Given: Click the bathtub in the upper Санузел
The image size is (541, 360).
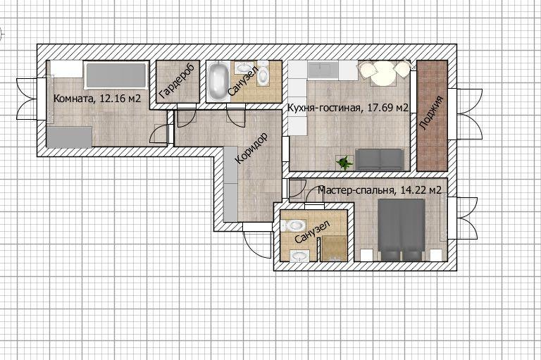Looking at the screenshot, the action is click(218, 81).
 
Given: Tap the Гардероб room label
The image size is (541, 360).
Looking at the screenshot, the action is click(177, 81).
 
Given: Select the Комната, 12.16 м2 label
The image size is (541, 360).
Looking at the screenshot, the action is click(97, 99).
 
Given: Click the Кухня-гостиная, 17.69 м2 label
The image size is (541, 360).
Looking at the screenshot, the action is click(348, 108).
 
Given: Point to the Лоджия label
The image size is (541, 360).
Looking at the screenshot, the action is click(431, 113).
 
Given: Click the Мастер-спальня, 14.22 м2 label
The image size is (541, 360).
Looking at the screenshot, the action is click(380, 190).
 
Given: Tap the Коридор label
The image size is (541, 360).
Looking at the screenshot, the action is click(251, 148).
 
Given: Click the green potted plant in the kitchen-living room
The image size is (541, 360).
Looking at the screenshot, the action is click(344, 163).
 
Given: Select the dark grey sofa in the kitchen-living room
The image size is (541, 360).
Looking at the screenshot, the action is click(380, 159).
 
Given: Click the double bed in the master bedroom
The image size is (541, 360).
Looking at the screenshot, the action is click(402, 230).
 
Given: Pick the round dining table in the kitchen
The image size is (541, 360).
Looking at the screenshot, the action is click(383, 73).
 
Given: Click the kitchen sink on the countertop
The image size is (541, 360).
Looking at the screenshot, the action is click(323, 69).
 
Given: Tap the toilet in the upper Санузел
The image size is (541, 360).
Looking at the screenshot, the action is click(263, 73).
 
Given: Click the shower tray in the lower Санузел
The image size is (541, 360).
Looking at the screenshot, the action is click(334, 249).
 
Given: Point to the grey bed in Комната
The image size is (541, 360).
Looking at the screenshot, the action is click(116, 75).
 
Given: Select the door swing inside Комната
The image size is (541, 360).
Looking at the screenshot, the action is click(160, 134).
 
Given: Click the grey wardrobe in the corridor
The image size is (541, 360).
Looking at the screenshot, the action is click(230, 184).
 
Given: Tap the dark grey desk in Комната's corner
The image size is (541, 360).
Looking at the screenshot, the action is click(69, 137).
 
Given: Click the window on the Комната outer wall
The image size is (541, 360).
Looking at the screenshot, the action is click(42, 99).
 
